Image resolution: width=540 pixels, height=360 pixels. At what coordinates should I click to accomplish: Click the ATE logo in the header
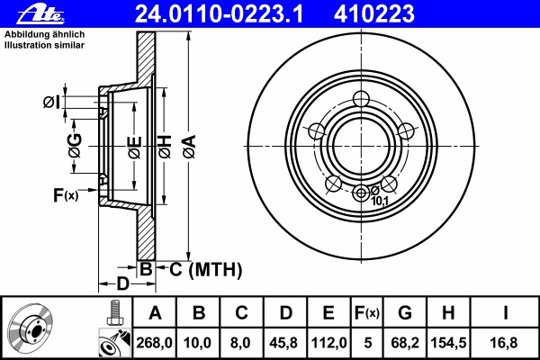coord(40,14)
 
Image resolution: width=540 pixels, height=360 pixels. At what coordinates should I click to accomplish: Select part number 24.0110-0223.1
coord(219,14)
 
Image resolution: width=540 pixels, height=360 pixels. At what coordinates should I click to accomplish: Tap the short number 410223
coord(374,14)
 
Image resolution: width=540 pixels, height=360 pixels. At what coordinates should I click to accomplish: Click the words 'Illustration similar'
coord(44,45)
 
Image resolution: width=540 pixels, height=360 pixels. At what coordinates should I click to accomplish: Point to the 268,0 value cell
coord(154,343)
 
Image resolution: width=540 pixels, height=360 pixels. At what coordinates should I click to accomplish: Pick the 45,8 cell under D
coord(283,343)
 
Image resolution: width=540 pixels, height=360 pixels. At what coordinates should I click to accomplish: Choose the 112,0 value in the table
coord(328,343)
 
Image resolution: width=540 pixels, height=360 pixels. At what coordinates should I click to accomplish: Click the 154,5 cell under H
coord(448,343)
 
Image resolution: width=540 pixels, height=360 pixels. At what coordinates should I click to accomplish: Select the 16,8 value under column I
coord(504,343)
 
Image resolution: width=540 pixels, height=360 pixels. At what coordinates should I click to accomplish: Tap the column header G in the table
coord(405,313)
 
